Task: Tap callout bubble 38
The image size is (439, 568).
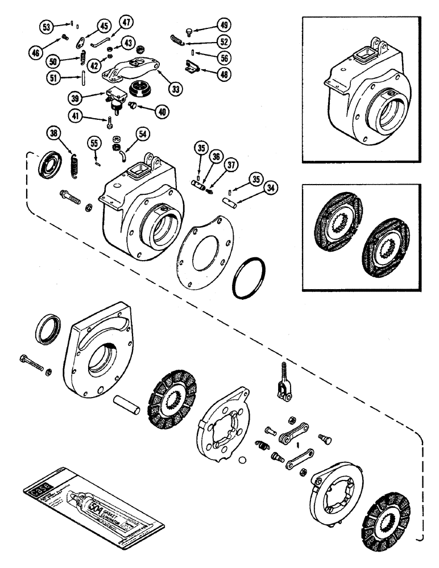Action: pyautogui.click(x=53, y=135)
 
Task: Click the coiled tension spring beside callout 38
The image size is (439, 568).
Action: pyautogui.click(x=74, y=164)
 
